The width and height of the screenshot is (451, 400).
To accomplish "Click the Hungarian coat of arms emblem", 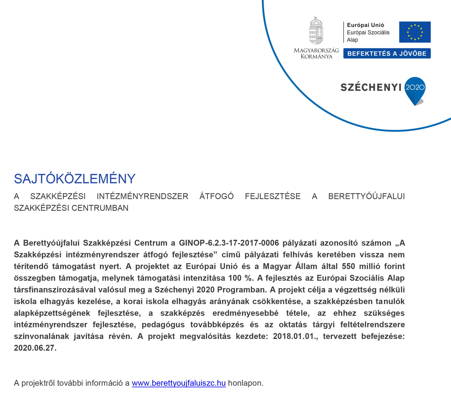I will [x=316, y=31].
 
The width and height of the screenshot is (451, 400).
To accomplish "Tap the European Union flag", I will [x=415, y=32].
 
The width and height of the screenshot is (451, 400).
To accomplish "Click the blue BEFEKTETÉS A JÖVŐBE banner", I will [x=387, y=54].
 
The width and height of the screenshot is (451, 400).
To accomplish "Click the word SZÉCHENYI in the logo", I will [x=371, y=88].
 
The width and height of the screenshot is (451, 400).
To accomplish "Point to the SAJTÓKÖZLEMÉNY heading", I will [x=75, y=179].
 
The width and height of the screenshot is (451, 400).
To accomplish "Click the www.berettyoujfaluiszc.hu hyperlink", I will [x=179, y=383].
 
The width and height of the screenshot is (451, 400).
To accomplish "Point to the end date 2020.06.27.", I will [x=35, y=348].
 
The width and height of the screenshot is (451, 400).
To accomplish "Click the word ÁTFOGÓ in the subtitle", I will [x=216, y=196].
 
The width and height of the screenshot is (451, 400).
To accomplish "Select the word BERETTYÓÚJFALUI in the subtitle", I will [x=366, y=196].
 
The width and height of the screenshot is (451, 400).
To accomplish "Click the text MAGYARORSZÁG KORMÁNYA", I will [x=316, y=54].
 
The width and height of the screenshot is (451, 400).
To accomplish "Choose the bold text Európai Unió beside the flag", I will [x=365, y=25].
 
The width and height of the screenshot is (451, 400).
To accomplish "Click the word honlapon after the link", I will [x=245, y=383].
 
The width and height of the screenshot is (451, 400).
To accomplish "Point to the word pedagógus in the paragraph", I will [x=163, y=325].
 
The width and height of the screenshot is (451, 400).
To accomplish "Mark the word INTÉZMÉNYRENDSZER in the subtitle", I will [x=143, y=196].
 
